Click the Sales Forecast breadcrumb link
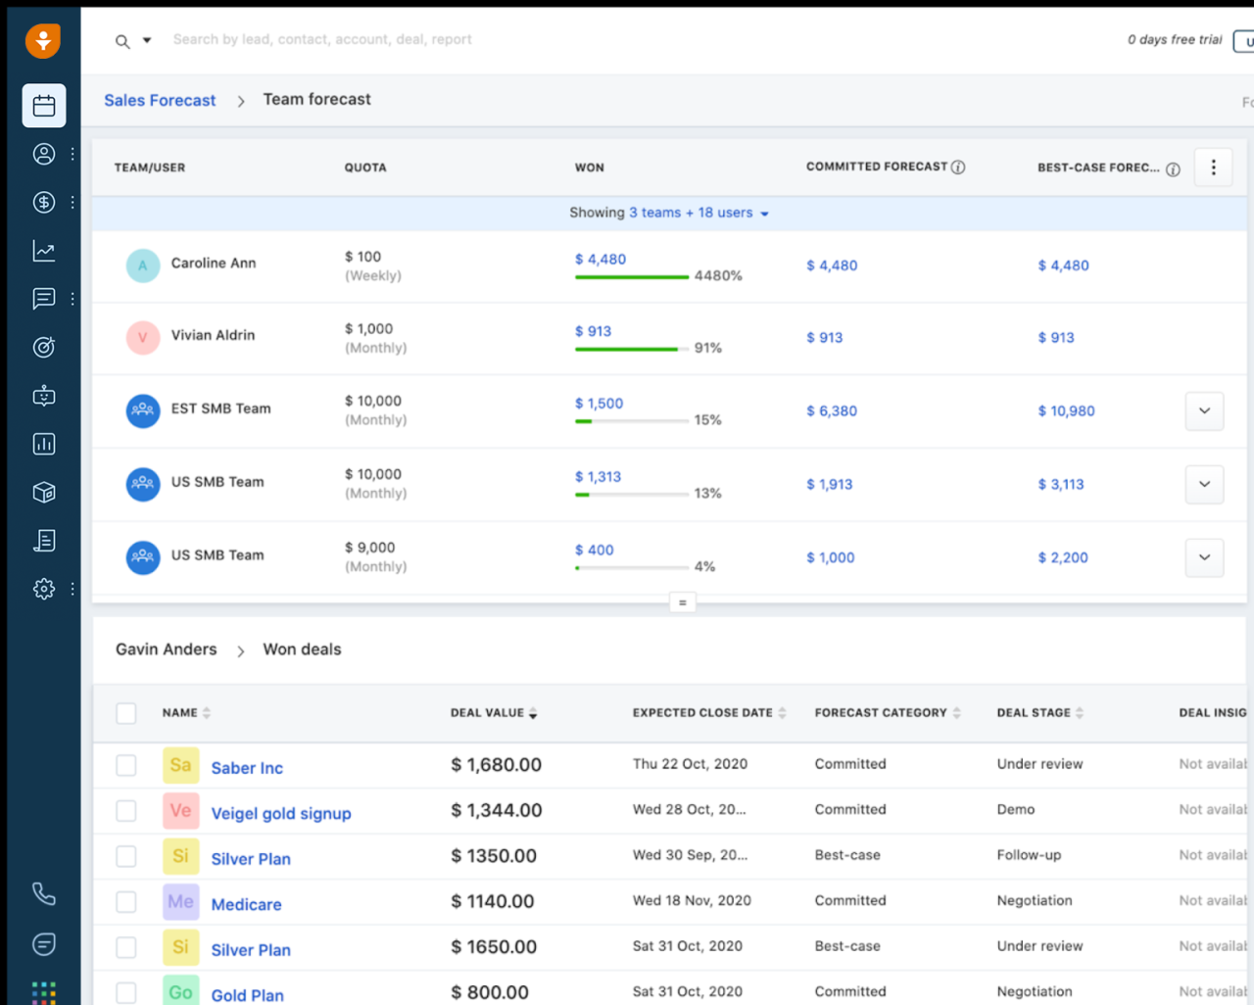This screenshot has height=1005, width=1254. click(160, 100)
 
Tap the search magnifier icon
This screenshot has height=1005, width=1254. click(122, 41)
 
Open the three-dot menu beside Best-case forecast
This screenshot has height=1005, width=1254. click(1213, 167)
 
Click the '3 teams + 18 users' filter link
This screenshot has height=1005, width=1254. click(691, 213)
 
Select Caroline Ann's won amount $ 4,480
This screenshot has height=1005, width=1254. click(600, 260)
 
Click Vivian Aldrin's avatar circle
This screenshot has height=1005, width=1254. click(143, 338)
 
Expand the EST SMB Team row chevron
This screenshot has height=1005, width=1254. click(1204, 410)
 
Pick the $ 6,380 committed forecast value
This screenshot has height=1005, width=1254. click(831, 411)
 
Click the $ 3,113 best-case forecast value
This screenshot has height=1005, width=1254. click(1060, 484)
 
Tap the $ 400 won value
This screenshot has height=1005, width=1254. click(594, 550)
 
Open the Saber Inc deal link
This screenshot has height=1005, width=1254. click(247, 768)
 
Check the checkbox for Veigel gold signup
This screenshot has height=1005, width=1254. click(126, 810)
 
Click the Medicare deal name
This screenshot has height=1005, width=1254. click(246, 904)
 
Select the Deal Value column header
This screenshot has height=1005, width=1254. click(487, 713)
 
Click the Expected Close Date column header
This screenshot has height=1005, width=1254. click(702, 713)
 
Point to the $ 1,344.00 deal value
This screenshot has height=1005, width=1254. click(496, 810)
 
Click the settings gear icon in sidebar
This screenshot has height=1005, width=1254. click(44, 589)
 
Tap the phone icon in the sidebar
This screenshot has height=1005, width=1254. click(44, 893)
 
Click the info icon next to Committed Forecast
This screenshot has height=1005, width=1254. click(958, 167)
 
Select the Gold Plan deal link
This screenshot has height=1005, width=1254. click(247, 995)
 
